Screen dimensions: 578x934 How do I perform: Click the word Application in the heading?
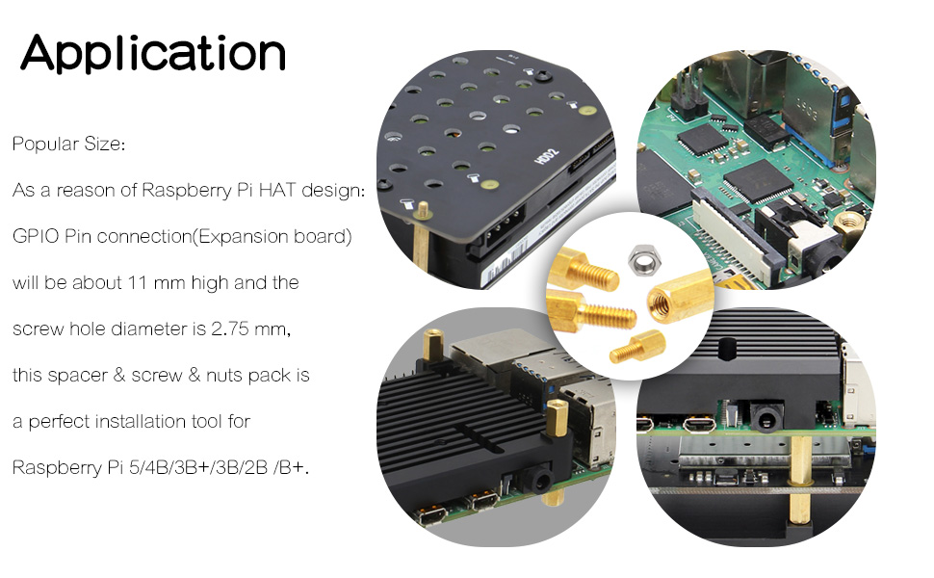[153, 52]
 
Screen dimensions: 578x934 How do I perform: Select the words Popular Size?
[68, 144]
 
